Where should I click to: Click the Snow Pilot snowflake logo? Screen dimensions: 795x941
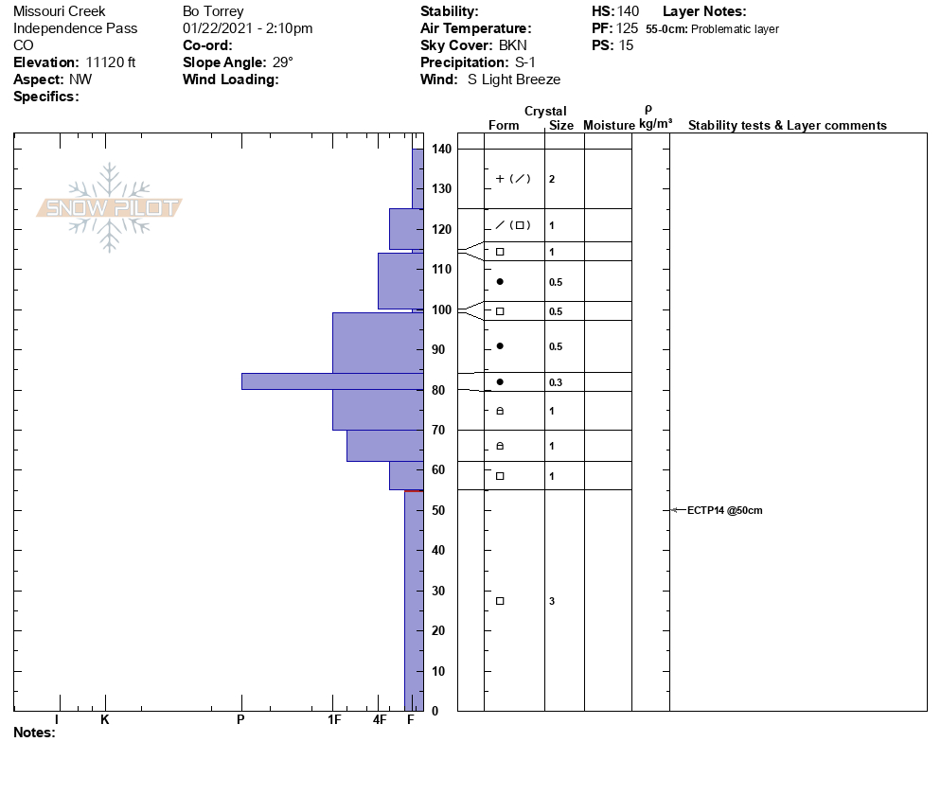pos(110,208)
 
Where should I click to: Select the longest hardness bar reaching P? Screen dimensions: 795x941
pos(331,380)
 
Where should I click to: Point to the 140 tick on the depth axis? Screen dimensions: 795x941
pos(441,150)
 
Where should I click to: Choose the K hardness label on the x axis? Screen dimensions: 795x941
pos(105,719)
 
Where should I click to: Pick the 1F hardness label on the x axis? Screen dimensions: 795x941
pos(333,719)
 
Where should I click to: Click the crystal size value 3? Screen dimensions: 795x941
pos(552,601)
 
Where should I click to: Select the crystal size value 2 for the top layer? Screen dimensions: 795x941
pos(552,179)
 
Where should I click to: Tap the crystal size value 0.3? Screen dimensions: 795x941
pos(555,382)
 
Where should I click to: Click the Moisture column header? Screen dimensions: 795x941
pos(609,126)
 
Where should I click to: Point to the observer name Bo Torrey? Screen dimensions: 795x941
pos(213,11)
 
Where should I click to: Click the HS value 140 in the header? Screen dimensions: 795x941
pos(628,11)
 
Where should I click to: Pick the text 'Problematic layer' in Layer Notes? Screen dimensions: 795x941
pos(736,29)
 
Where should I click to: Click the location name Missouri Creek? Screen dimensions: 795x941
pos(59,11)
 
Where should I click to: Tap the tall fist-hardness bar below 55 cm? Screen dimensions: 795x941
pos(414,600)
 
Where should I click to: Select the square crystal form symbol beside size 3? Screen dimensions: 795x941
pos(500,601)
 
